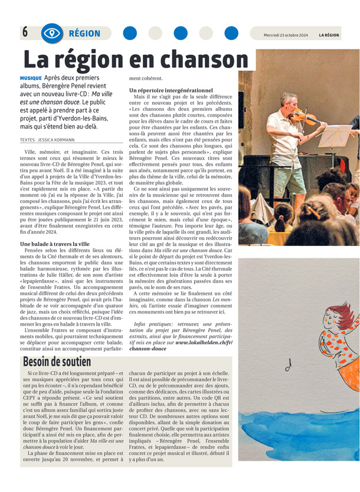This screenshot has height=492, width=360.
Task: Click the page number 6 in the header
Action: point(25,33)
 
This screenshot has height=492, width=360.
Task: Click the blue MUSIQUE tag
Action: point(31,78)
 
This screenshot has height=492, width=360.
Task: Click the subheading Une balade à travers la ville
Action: point(54,244)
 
